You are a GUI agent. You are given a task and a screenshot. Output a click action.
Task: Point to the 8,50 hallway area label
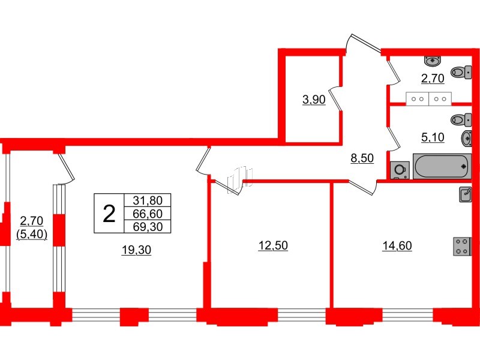click(362, 159)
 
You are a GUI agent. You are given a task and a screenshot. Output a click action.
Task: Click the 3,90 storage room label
click(313, 100)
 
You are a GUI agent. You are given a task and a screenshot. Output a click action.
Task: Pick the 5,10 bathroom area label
click(433, 137)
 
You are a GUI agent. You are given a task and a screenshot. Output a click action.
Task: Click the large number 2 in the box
click(109, 213)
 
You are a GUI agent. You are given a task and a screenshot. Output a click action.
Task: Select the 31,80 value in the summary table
click(148, 201)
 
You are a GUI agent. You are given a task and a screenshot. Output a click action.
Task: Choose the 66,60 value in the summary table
click(148, 214)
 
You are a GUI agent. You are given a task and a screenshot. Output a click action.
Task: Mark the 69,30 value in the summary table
click(148, 226)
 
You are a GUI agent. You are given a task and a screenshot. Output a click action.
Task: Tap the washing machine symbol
click(399, 170)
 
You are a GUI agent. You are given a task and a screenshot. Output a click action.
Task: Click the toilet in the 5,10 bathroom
click(460, 119)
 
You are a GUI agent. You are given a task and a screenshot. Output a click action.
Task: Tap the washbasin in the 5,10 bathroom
click(466, 139)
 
